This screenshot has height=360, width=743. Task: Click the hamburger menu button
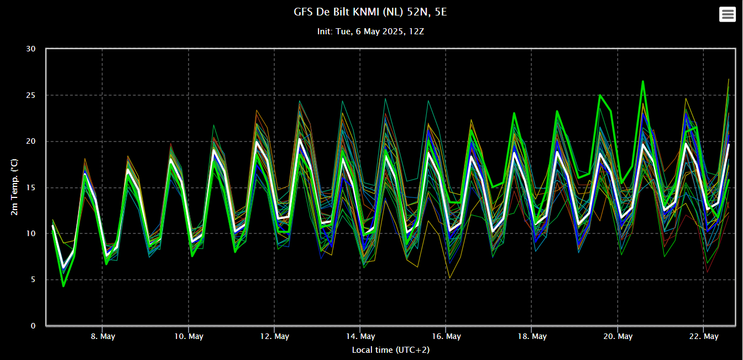click(x=727, y=14)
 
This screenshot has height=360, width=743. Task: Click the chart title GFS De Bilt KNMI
click(x=370, y=12)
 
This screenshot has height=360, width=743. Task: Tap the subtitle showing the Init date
click(x=370, y=32)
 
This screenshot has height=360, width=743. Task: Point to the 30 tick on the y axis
click(x=31, y=49)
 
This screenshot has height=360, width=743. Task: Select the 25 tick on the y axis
click(x=31, y=95)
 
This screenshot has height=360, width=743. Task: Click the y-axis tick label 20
click(x=31, y=142)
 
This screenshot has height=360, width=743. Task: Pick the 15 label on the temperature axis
click(x=31, y=187)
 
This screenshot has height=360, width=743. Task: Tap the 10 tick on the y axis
click(x=31, y=234)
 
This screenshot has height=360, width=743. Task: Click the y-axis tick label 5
click(x=33, y=280)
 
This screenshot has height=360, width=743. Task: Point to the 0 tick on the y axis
click(x=33, y=326)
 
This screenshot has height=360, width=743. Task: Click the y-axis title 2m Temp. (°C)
click(x=15, y=187)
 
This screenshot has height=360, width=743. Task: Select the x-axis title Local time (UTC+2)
click(x=390, y=350)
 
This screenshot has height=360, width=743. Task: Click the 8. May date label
click(x=103, y=336)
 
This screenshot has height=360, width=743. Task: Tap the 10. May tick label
click(x=189, y=336)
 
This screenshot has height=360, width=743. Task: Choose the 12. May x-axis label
click(x=274, y=336)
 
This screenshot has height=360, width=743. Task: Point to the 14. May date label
click(x=360, y=336)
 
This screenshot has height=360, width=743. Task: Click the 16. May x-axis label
click(x=446, y=336)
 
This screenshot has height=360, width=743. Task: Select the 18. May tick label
click(x=532, y=336)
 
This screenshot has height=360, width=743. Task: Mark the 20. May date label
click(x=618, y=336)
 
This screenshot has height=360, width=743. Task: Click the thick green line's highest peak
click(x=643, y=82)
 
